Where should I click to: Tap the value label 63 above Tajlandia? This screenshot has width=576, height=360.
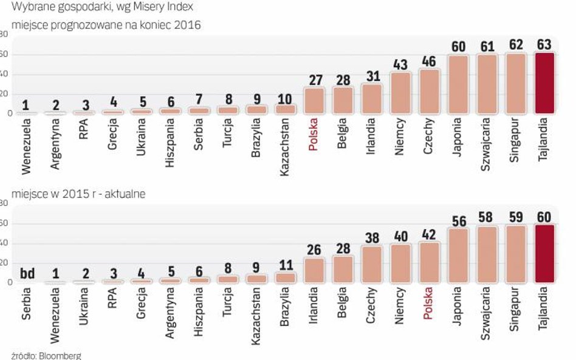tap(544, 45)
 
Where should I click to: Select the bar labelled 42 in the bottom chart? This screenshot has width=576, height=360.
tap(429, 262)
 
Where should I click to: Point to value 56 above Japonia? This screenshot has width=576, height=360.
tap(459, 220)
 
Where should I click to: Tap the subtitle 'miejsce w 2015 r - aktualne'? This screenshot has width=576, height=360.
tap(77, 194)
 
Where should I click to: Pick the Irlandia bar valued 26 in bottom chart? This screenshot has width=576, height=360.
tap(315, 270)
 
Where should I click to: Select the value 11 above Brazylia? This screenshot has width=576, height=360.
tap(286, 265)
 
